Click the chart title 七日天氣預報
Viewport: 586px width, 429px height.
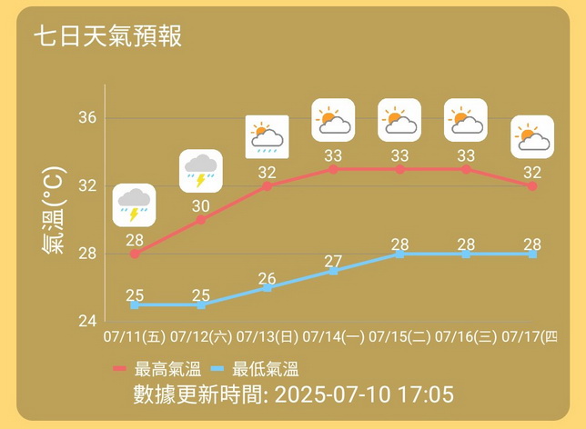coord(108,36)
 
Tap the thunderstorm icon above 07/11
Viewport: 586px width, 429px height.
coord(135,205)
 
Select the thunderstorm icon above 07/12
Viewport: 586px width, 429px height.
coord(201,171)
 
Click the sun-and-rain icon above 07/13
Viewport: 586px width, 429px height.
coord(268,137)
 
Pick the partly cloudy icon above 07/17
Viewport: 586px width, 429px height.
coord(532,137)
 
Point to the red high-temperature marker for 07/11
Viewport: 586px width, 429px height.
coord(135,254)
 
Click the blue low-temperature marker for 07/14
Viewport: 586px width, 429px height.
coord(334,271)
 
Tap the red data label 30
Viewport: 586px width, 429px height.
coord(201,206)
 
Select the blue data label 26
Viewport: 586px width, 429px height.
coord(268,278)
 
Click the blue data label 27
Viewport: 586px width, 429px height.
coord(334,262)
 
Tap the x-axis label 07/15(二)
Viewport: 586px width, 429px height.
coord(400,337)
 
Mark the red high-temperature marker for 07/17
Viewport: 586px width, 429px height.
coord(532,185)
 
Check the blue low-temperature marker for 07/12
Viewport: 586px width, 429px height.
coord(201,304)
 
